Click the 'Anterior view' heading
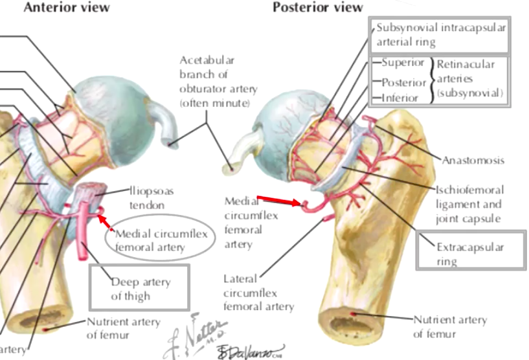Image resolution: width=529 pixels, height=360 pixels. [67, 8]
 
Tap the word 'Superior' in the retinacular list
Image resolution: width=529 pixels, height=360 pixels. [403, 63]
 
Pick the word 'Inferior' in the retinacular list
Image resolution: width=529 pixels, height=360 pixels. [400, 98]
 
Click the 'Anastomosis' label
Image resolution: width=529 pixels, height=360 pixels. [473, 160]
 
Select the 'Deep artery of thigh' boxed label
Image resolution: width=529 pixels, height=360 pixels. [140, 289]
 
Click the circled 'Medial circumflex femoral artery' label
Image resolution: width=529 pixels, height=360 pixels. [161, 240]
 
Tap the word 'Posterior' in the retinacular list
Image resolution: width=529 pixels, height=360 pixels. [404, 83]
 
